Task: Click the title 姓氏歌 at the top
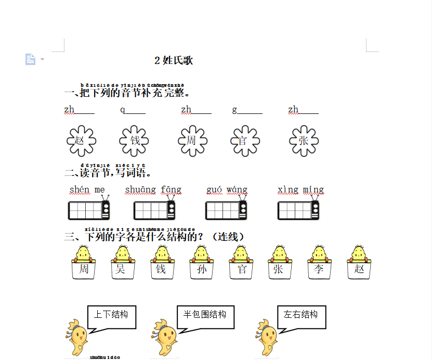point(174,60)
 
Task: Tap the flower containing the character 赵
point(82,140)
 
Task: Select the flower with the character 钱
point(134,140)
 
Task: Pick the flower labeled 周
point(192,140)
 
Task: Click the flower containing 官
point(245,140)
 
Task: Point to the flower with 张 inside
point(304,140)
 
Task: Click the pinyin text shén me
point(87,189)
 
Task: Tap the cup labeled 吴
point(121,269)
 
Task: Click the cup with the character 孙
point(202,269)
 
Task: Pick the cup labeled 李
point(318,269)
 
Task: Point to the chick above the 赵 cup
point(359,253)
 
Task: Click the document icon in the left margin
point(30,59)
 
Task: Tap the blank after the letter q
point(136,110)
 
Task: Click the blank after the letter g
point(250,110)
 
